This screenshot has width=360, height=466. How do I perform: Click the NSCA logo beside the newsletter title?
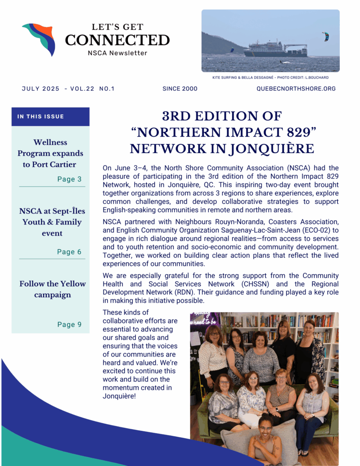(39, 39)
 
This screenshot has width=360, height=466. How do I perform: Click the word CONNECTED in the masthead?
(117, 40)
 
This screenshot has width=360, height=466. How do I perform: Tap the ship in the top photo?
(275, 49)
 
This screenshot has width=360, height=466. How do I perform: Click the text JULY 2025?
(40, 89)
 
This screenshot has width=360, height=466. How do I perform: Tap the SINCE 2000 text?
(180, 89)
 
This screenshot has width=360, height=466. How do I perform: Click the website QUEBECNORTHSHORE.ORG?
(296, 89)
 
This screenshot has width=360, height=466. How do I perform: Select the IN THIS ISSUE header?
(40, 116)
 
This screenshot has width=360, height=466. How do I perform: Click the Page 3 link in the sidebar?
(69, 179)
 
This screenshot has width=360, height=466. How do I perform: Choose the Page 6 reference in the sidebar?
(69, 252)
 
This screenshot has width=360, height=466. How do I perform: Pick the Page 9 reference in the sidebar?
(69, 324)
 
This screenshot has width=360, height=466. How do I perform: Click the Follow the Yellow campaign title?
(52, 289)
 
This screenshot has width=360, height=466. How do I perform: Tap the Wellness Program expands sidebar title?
(50, 153)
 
